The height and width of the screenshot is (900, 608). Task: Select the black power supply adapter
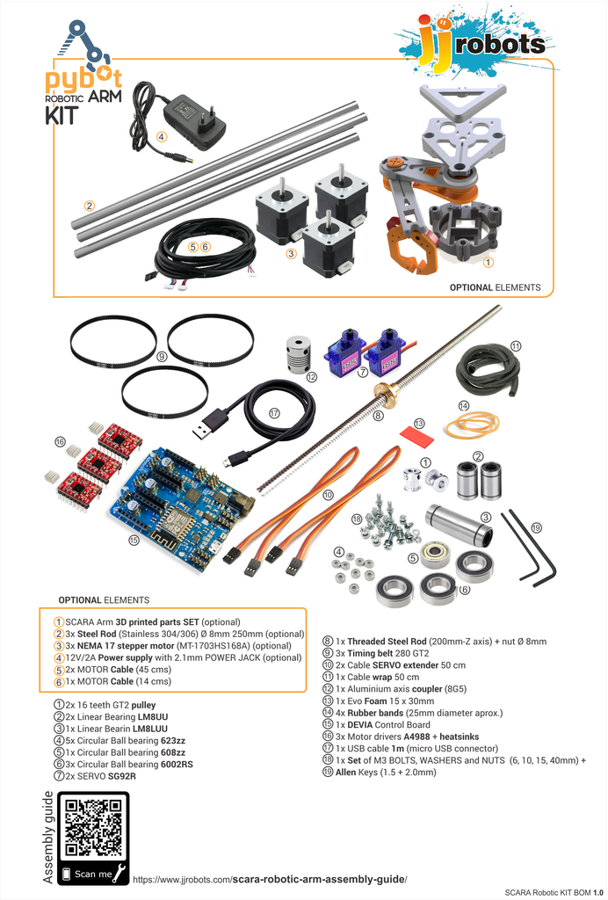[194, 119]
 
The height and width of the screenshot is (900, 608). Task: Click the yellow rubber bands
[471, 425]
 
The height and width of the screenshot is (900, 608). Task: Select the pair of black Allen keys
[530, 549]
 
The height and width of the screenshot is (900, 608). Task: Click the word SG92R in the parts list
[121, 776]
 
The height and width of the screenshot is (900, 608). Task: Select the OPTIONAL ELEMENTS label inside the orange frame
[495, 287]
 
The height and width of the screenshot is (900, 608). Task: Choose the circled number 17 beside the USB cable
[274, 412]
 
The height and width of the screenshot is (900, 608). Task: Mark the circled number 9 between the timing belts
[162, 357]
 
